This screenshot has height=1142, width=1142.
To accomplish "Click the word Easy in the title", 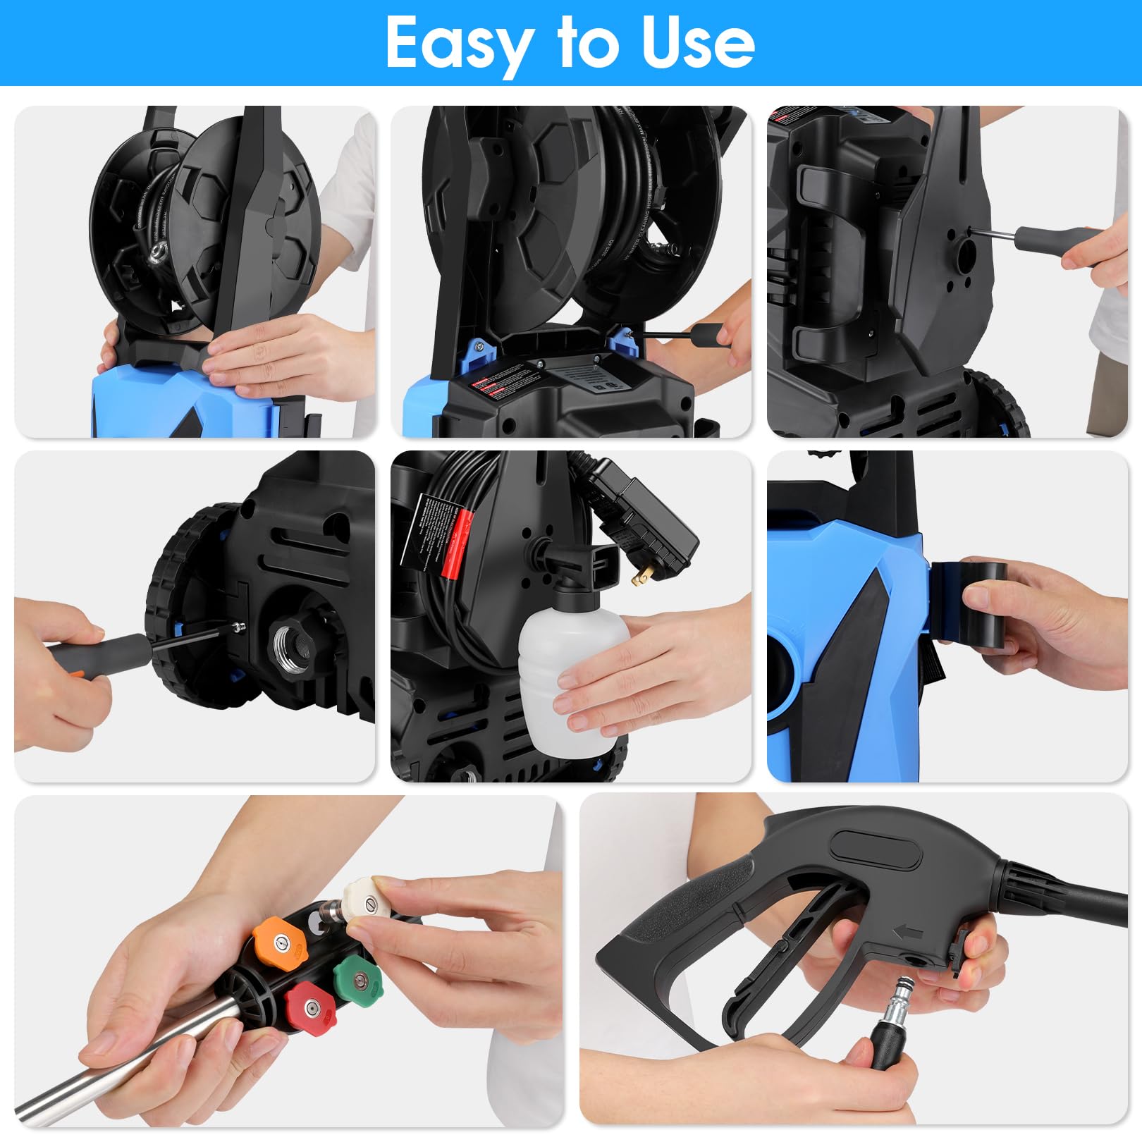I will coord(458,44).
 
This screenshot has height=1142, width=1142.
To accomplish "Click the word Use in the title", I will coord(698,44).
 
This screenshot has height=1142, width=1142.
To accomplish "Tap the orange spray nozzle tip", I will coord(279,942).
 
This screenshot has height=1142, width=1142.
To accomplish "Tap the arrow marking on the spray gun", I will coord(908,933).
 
